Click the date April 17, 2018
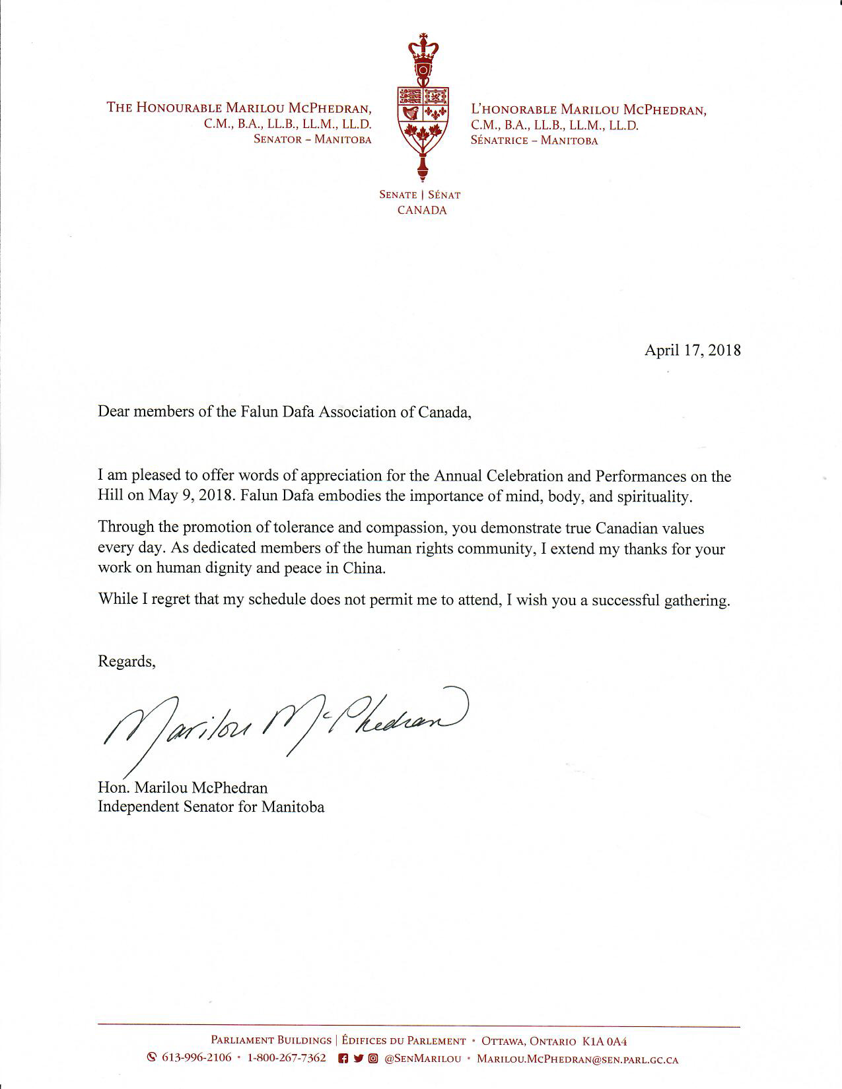click(692, 350)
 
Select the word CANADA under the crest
click(421, 211)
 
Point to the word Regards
click(125, 661)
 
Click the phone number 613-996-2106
click(196, 1058)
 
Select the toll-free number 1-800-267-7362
click(287, 1058)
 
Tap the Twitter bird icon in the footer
click(358, 1059)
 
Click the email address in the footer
click(577, 1059)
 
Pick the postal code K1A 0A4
click(604, 1041)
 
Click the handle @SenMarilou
click(423, 1059)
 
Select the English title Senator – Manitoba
click(312, 139)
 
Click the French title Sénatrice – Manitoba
click(534, 140)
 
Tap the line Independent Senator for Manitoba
click(211, 807)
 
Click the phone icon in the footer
click(151, 1058)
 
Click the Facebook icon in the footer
click(343, 1059)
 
